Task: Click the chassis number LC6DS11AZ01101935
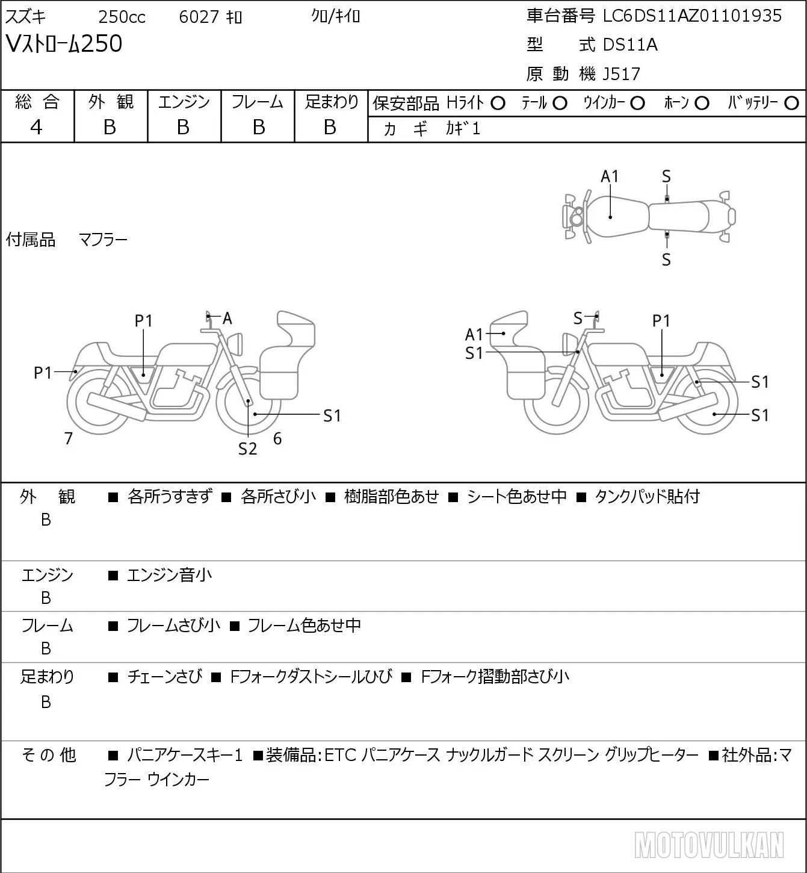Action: (x=692, y=16)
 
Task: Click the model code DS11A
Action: (x=630, y=45)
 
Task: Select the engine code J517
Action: (x=622, y=74)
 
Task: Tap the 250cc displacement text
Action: (x=122, y=17)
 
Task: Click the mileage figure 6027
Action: (x=199, y=17)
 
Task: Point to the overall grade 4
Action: (x=36, y=128)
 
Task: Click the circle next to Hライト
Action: (x=498, y=104)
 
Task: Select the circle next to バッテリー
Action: (x=791, y=104)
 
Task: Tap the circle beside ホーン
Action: (x=702, y=104)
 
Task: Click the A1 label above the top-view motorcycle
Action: (x=610, y=177)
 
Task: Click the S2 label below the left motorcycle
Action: (x=247, y=449)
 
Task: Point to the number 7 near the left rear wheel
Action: (x=68, y=438)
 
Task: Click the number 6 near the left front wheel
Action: (x=277, y=438)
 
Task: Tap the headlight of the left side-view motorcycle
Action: (x=237, y=344)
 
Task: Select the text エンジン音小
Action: (x=169, y=575)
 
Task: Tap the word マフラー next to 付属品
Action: (x=104, y=240)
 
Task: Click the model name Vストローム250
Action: (x=64, y=44)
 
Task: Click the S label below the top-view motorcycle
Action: (x=666, y=259)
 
